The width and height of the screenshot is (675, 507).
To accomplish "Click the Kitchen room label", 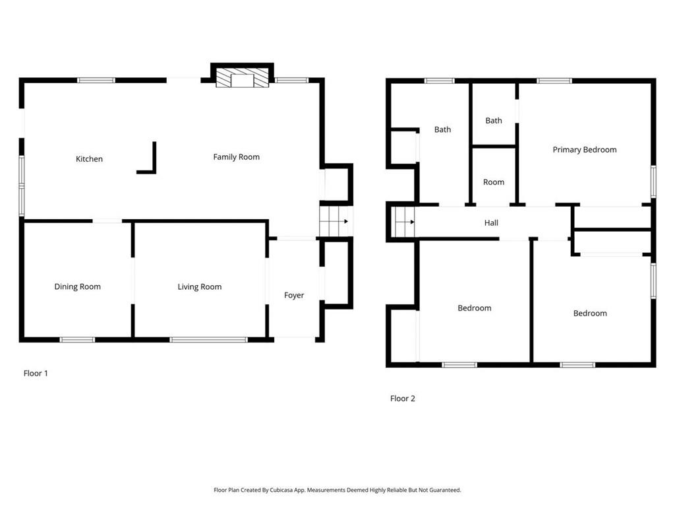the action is [x=89, y=159].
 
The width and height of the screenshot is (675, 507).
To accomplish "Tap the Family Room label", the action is [x=237, y=157].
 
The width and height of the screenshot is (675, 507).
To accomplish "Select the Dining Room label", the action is [x=78, y=287].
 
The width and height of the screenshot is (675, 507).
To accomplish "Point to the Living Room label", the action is [x=200, y=287].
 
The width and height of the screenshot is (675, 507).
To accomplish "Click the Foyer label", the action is [x=294, y=295].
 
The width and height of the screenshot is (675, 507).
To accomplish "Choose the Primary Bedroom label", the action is [x=585, y=150].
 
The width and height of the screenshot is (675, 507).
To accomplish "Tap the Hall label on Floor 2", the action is [x=491, y=223].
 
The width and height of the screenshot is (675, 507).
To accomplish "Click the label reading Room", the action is [x=494, y=182].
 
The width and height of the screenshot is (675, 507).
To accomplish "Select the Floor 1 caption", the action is [x=36, y=374].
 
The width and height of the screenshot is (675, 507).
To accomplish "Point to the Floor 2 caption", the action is [x=403, y=398].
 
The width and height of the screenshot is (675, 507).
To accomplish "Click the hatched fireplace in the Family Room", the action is [x=243, y=77].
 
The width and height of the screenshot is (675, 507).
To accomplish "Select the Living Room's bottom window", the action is [x=208, y=340].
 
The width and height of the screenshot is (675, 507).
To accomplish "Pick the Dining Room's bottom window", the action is [x=77, y=340].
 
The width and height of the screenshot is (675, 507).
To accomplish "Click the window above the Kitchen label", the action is [x=96, y=80].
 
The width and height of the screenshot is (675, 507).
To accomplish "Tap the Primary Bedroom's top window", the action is [x=554, y=81].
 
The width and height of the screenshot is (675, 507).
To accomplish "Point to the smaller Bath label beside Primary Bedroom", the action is [x=494, y=121].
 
